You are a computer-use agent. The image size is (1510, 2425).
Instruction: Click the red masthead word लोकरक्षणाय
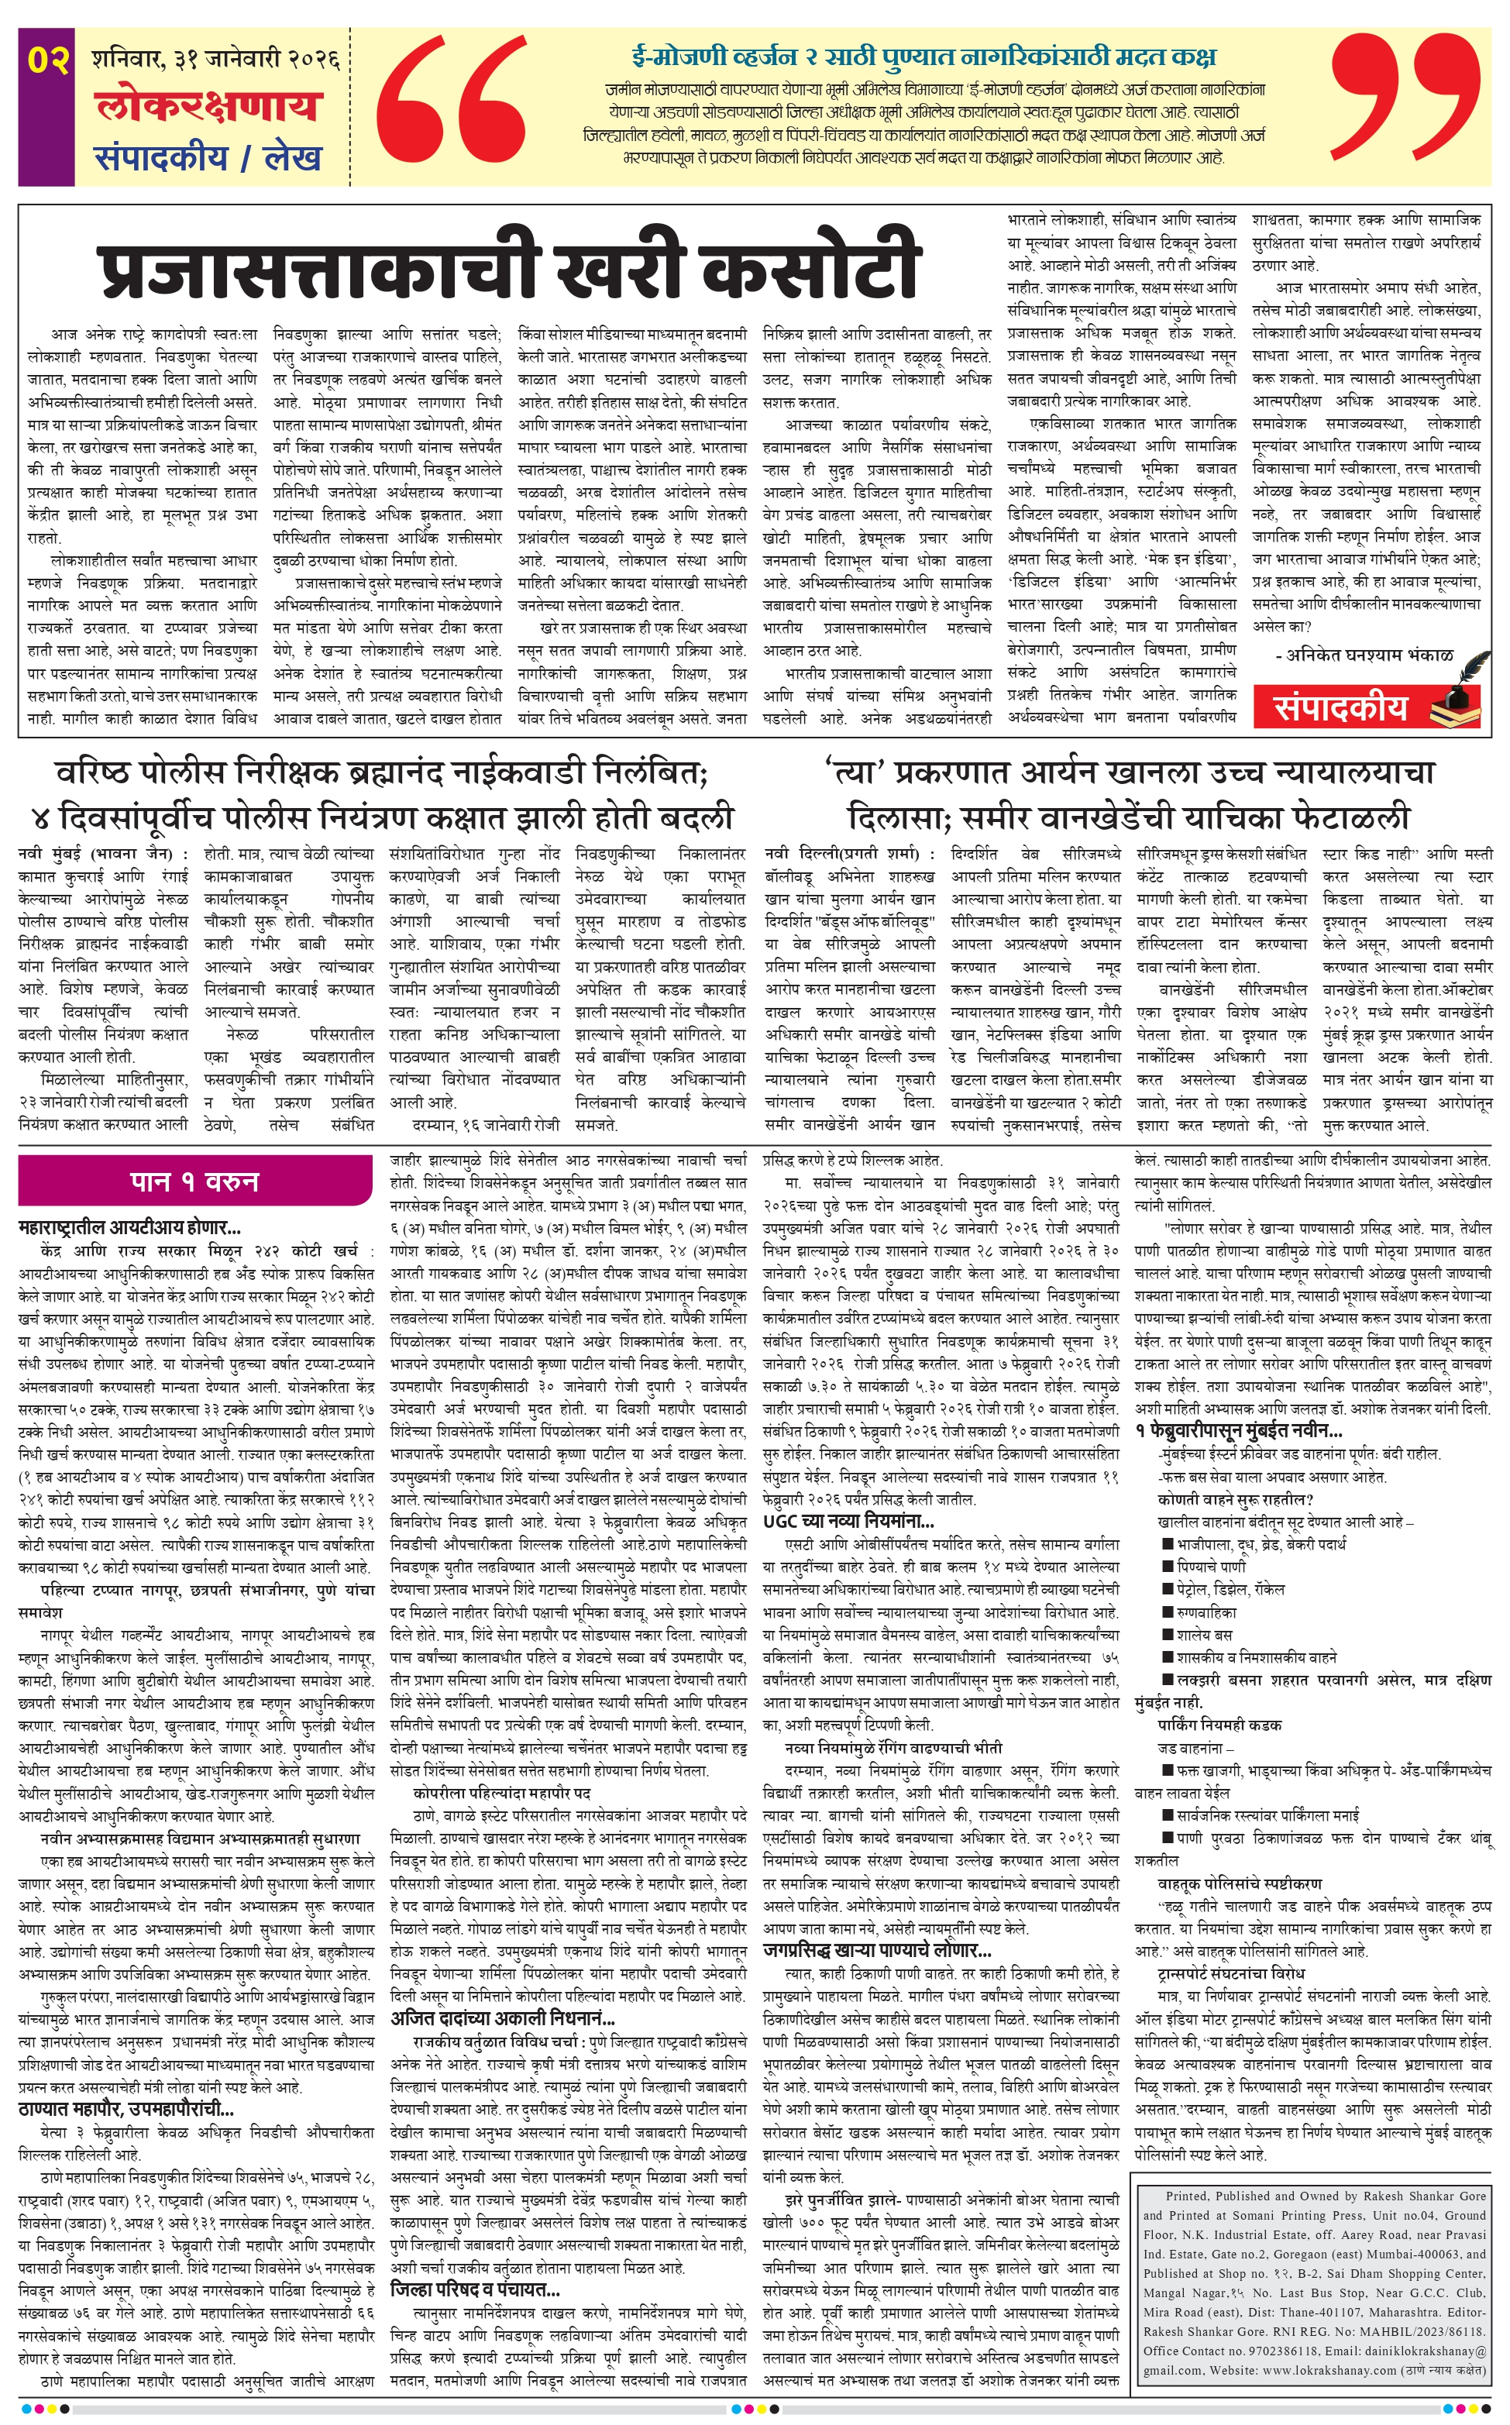pos(208,107)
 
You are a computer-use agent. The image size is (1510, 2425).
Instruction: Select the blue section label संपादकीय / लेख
pos(208,157)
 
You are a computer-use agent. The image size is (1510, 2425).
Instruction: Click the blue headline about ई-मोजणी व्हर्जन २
pos(923,56)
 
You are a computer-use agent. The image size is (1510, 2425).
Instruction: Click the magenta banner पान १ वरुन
pos(194,1182)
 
